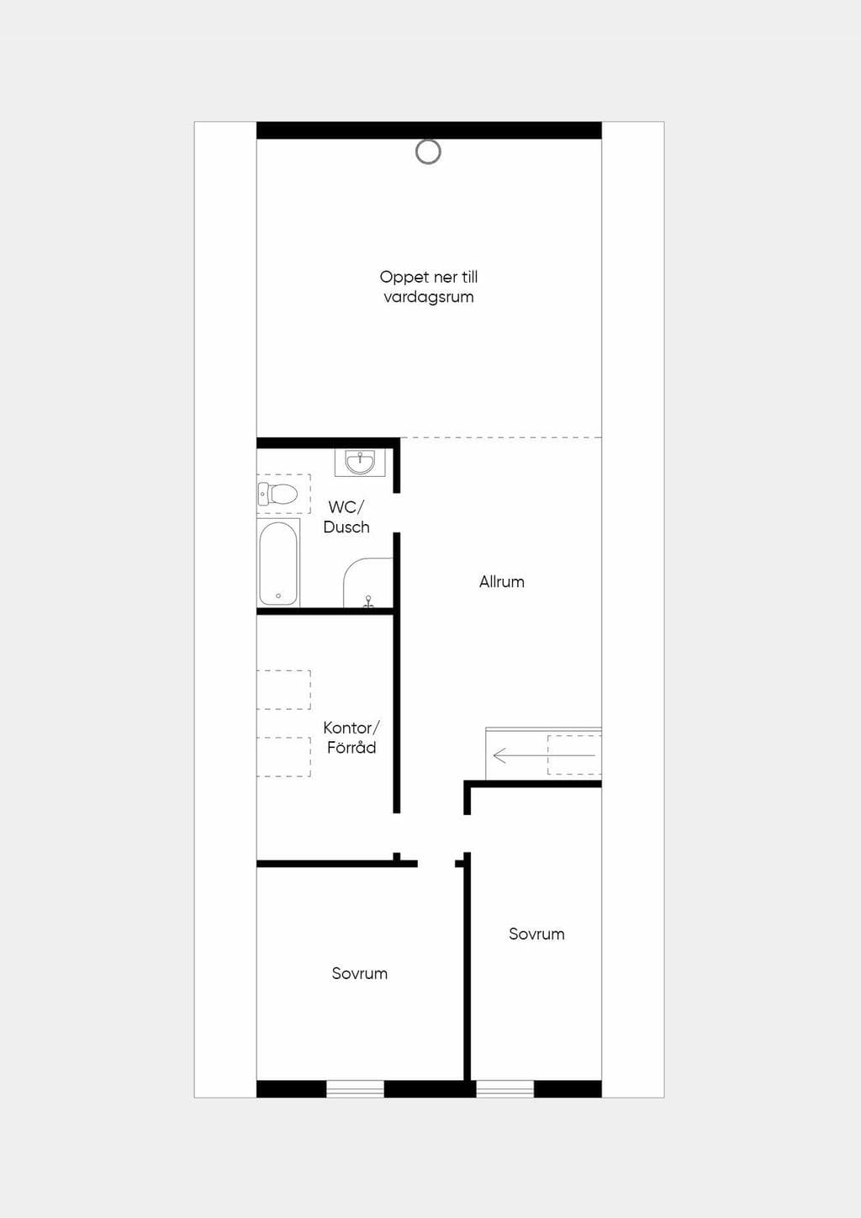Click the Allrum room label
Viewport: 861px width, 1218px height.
(x=502, y=582)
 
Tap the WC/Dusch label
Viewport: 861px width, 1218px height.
(x=346, y=517)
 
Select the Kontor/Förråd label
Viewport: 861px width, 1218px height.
(x=351, y=738)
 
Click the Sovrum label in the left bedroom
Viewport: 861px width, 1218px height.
(x=359, y=973)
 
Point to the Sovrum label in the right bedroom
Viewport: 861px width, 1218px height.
(x=536, y=935)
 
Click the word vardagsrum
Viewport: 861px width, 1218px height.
(x=428, y=297)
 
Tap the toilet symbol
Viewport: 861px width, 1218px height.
(x=277, y=494)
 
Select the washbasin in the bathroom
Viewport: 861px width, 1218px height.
(x=360, y=463)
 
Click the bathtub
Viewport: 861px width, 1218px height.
(x=277, y=564)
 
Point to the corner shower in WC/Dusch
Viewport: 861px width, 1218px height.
(x=368, y=582)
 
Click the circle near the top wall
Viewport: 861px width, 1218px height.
(x=428, y=152)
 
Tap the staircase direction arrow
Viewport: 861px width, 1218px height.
(x=544, y=755)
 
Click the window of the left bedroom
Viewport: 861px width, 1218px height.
(x=355, y=1089)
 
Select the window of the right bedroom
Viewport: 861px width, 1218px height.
(x=505, y=1089)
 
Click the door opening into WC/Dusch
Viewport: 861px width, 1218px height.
(x=397, y=513)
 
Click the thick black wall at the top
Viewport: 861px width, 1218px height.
(x=429, y=130)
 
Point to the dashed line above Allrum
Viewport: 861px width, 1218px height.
(x=501, y=437)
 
